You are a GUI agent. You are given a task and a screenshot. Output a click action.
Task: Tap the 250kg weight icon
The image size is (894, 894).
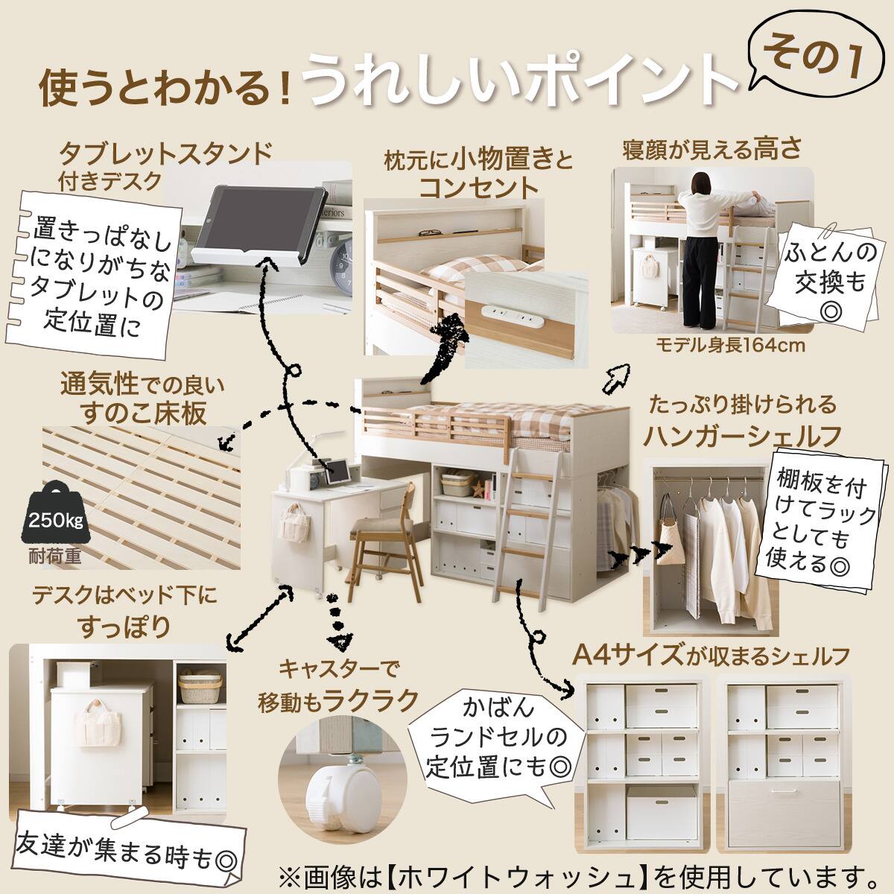[54, 515]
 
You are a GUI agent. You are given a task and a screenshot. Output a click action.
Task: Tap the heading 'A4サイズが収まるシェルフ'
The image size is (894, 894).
[711, 656]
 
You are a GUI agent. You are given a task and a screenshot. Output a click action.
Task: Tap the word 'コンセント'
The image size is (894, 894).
[478, 187]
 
